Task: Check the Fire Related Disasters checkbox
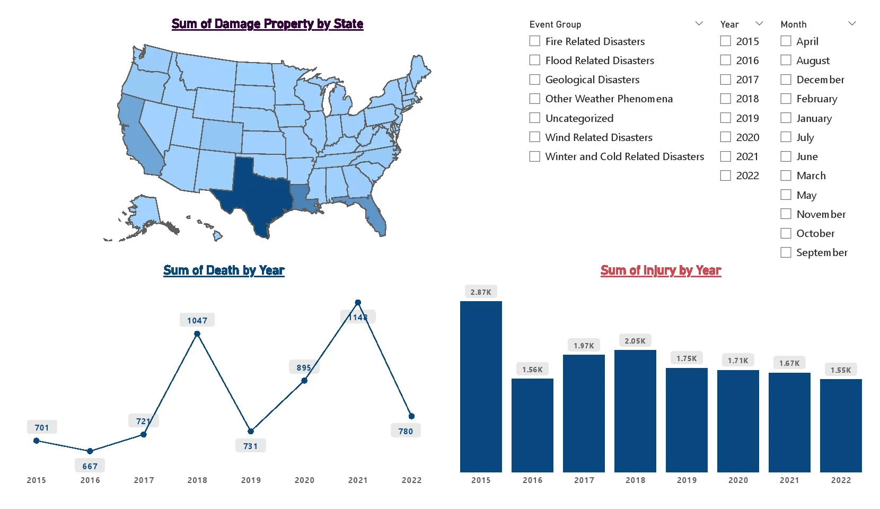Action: point(535,41)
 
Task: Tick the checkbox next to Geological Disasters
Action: point(535,80)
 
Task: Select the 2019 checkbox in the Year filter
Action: point(725,118)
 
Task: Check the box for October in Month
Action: point(786,233)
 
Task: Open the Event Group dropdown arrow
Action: point(699,24)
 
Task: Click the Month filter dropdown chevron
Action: point(852,24)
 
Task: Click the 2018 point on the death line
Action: point(197,334)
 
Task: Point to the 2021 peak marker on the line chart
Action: point(358,303)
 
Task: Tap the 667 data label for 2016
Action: point(90,466)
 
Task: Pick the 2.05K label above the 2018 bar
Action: point(635,341)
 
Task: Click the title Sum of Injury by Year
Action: point(661,270)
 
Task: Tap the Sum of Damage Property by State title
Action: point(267,24)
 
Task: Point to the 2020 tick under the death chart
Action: point(304,480)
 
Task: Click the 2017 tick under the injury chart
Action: point(584,480)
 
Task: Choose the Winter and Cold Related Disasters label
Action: point(624,156)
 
